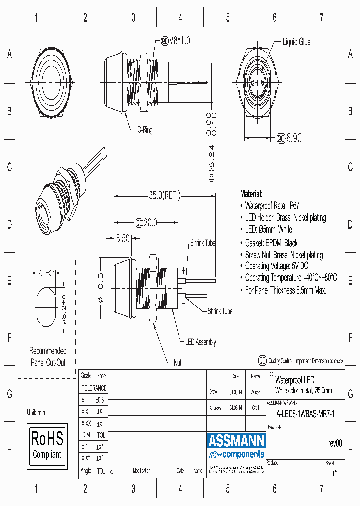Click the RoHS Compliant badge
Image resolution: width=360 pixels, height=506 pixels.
tap(47, 445)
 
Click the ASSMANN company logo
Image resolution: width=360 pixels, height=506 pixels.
tap(236, 445)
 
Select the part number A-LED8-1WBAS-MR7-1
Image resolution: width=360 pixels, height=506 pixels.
tap(305, 413)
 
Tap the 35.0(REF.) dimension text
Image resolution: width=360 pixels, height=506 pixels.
tap(159, 195)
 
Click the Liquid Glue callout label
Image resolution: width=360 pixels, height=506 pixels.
tap(296, 42)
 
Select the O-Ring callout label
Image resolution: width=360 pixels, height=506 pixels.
tap(145, 130)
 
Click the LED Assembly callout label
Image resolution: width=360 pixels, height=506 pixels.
tap(201, 342)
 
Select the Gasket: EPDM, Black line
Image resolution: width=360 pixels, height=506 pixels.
tap(271, 243)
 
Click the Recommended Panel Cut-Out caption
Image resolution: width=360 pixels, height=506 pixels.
tap(48, 357)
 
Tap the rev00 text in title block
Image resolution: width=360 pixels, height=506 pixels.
tap(335, 443)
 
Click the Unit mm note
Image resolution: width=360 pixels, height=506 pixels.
tap(36, 412)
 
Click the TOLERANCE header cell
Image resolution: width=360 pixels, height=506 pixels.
tap(94, 388)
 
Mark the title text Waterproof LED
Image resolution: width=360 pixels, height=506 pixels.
tap(295, 380)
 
